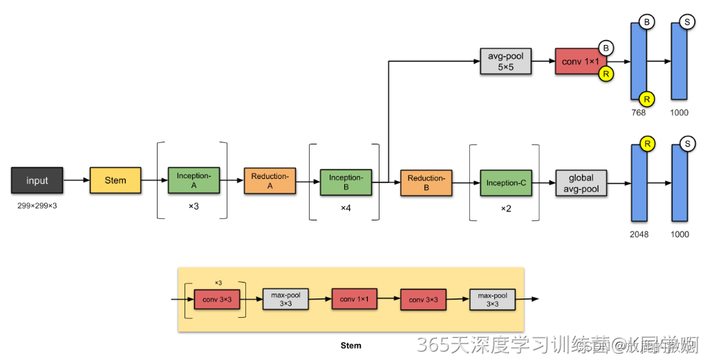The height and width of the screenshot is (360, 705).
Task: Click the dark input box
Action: pos(37,180)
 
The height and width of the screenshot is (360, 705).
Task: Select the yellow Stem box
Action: pos(115,180)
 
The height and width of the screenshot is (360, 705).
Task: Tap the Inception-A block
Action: pos(194,180)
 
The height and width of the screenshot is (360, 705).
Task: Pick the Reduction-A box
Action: pos(270,180)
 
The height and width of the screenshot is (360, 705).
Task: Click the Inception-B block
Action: pos(346,182)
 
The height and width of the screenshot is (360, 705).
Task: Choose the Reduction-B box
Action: pos(426,182)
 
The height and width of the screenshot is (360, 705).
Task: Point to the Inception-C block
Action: pos(506,182)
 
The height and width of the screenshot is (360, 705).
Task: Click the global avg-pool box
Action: pos(581,182)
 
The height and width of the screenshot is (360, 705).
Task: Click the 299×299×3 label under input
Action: pos(37,206)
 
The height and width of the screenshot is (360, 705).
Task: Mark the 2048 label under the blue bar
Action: pos(639,234)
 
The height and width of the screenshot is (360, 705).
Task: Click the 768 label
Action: pos(640,113)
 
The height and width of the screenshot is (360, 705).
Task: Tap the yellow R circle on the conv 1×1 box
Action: pos(606,74)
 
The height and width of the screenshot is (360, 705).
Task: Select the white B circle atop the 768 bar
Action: pos(647,23)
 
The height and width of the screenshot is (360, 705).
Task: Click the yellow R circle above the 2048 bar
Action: pos(647,144)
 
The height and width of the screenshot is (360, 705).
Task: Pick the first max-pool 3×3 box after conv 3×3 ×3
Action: pos(285,299)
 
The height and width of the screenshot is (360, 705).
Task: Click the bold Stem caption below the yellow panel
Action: pos(351,345)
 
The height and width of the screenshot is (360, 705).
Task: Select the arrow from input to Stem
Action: pos(76,180)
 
